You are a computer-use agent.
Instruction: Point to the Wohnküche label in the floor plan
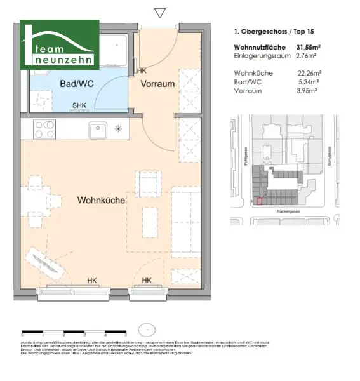tap(101, 200)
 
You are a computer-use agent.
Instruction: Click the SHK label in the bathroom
tap(80, 106)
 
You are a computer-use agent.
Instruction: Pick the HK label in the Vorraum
tap(141, 71)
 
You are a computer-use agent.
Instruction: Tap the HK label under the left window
tap(93, 280)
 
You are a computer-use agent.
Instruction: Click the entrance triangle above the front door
tap(160, 12)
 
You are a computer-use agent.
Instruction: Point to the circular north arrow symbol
tap(147, 330)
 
